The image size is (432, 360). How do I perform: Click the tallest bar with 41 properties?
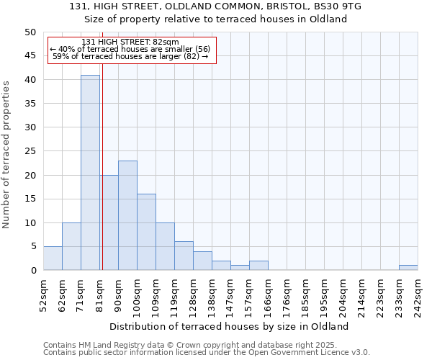[x=90, y=173]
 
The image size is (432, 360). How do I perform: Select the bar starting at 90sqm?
[x=127, y=215]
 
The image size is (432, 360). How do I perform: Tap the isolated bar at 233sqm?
[x=408, y=268]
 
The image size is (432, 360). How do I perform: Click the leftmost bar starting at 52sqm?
[x=53, y=258]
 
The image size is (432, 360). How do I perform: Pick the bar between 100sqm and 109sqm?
[x=146, y=232]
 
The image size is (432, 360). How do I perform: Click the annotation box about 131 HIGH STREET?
[x=131, y=50]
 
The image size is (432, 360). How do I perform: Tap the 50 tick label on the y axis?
[x=30, y=32]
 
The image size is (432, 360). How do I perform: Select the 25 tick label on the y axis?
[x=30, y=151]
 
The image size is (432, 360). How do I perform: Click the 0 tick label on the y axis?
[x=32, y=271]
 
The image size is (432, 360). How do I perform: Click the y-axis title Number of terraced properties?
[x=6, y=154]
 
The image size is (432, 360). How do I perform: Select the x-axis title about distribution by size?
[x=230, y=326]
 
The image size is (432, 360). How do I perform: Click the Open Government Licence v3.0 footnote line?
[x=207, y=353]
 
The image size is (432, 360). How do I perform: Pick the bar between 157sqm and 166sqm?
[x=258, y=266]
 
